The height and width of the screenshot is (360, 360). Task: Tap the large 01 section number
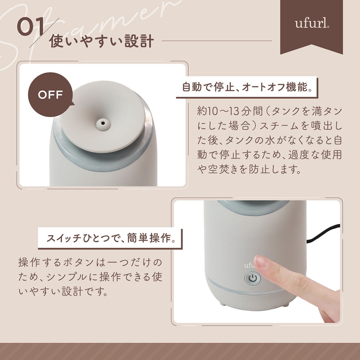click(31, 27)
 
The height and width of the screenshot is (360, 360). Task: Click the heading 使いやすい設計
click(101, 41)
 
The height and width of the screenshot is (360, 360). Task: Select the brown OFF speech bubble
click(50, 95)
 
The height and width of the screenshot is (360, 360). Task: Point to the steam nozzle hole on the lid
click(103, 123)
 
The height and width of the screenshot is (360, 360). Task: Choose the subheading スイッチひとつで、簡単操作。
click(111, 238)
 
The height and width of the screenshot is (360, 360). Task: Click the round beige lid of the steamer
click(102, 116)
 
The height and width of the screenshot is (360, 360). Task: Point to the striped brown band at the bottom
click(180, 351)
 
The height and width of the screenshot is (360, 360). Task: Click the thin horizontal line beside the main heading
click(217, 41)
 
